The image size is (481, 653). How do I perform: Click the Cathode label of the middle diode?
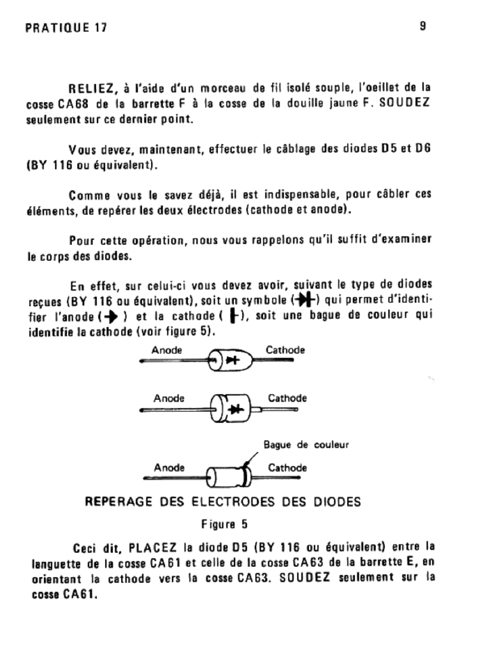tap(287, 399)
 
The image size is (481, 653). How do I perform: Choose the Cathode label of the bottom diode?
tap(287, 467)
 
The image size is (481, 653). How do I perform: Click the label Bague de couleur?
tap(306, 444)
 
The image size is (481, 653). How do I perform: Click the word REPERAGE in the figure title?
tap(115, 502)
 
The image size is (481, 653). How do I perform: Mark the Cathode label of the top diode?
tap(285, 350)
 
